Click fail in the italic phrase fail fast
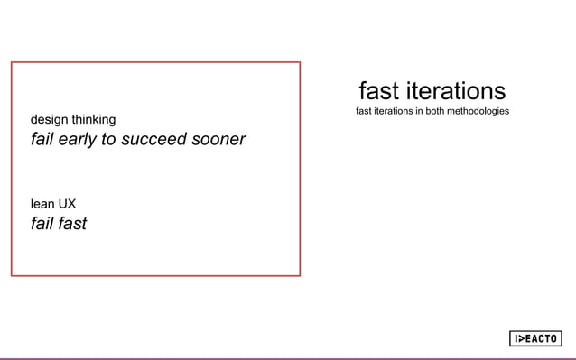(42, 223)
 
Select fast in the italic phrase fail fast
(71, 223)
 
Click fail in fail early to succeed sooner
(42, 140)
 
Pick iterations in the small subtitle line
(395, 112)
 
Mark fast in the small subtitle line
(365, 112)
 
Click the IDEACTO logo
(534, 338)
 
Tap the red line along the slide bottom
(288, 358)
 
